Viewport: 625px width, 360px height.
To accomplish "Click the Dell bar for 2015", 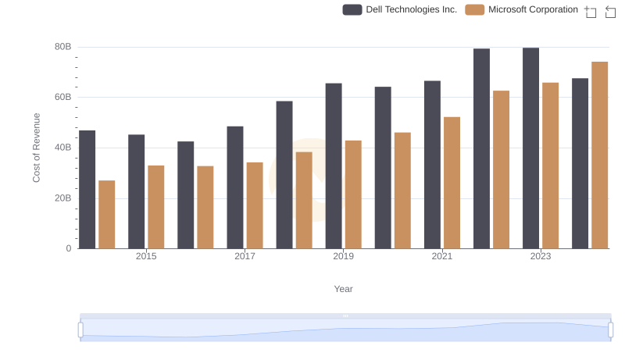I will [137, 191].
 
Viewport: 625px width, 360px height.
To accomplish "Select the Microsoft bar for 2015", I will [156, 207].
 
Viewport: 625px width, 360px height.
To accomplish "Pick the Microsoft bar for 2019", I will [353, 194].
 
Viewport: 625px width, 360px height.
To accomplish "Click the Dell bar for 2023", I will [530, 148].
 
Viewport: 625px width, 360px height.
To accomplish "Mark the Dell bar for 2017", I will [235, 187].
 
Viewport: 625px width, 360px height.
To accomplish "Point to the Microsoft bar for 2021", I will [452, 183].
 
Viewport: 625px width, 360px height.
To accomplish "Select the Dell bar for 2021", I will [432, 165].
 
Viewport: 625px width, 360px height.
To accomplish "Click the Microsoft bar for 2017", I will [255, 205].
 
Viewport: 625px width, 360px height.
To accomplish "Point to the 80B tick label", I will [62, 47].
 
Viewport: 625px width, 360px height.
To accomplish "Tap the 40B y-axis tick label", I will [62, 148].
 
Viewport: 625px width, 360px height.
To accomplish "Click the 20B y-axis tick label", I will [62, 198].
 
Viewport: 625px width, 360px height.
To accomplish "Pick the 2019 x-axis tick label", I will [343, 256].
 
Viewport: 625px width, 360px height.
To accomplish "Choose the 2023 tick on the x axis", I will [541, 256].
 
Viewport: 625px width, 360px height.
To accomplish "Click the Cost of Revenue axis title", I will [36, 148].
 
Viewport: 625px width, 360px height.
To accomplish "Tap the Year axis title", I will [344, 289].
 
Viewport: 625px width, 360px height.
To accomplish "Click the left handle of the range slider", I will [80, 330].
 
